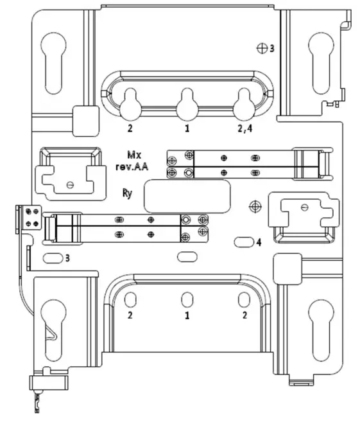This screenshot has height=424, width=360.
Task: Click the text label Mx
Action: click(133, 155)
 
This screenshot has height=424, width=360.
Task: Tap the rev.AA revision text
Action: click(133, 166)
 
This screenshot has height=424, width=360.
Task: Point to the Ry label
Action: click(128, 193)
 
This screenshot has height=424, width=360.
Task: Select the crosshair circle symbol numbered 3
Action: click(262, 48)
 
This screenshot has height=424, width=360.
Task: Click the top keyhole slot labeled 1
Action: click(187, 102)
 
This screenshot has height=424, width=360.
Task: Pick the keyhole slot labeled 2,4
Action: click(244, 102)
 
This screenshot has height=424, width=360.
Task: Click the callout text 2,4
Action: click(245, 128)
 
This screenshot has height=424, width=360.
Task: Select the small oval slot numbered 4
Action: click(244, 242)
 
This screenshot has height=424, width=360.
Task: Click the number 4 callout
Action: click(259, 242)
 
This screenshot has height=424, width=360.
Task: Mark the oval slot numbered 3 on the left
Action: click(52, 258)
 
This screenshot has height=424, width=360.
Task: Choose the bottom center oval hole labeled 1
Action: click(187, 300)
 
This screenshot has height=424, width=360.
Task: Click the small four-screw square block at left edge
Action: click(30, 217)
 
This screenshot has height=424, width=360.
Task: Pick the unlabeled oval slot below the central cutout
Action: click(187, 257)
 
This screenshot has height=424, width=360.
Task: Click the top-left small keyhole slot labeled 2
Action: click(130, 102)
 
